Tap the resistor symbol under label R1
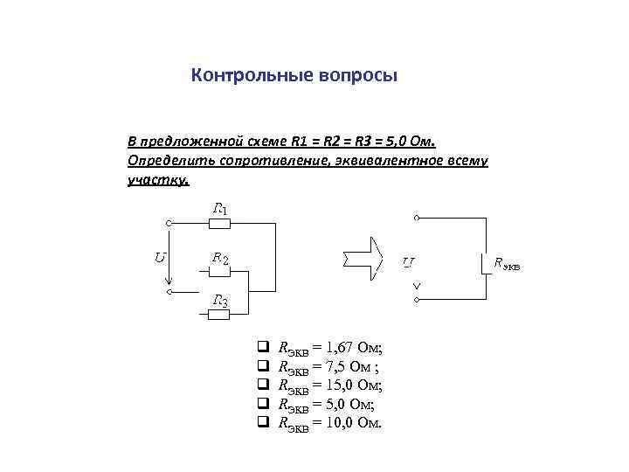coord(218,223)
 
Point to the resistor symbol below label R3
coord(218,315)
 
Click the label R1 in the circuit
coord(220,209)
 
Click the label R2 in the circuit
coord(220,259)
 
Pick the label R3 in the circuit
coord(220,302)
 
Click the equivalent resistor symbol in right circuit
coord(481,262)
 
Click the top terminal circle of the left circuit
coord(170,223)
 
